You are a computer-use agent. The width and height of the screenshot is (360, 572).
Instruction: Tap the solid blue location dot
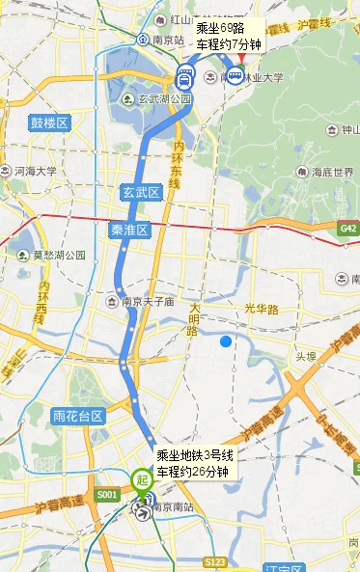pyautogui.click(x=226, y=340)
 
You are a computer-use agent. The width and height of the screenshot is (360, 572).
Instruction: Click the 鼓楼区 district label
pyautogui.click(x=50, y=123)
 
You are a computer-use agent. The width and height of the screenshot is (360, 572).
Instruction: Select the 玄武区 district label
pyautogui.click(x=140, y=192)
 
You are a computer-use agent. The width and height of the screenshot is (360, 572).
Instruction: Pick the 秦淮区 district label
pyautogui.click(x=128, y=230)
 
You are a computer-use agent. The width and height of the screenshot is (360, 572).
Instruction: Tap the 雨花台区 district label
pyautogui.click(x=78, y=416)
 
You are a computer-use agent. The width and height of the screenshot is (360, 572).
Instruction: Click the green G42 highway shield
pyautogui.click(x=348, y=229)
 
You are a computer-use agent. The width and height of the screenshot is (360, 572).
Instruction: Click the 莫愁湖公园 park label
pyautogui.click(x=52, y=256)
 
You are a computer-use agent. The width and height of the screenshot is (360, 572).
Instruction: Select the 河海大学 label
pyautogui.click(x=35, y=171)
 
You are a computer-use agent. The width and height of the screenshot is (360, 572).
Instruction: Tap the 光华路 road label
pyautogui.click(x=261, y=310)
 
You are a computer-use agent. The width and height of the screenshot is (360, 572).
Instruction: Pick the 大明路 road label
pyautogui.click(x=194, y=318)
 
